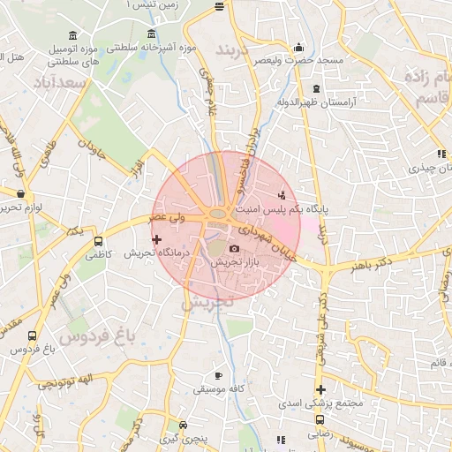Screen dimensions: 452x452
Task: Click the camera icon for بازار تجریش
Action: point(234,250)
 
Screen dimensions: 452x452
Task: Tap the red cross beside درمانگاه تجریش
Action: point(157,239)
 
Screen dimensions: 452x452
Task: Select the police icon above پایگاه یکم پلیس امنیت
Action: point(282,194)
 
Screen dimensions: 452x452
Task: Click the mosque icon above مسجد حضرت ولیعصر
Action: point(299,48)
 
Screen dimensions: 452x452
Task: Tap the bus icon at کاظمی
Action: point(98,239)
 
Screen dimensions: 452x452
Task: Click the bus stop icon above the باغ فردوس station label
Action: point(33,336)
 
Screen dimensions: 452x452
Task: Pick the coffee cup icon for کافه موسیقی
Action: point(218,375)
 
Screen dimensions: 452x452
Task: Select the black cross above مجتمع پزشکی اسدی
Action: point(320,389)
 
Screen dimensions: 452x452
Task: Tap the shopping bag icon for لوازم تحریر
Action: point(19,192)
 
